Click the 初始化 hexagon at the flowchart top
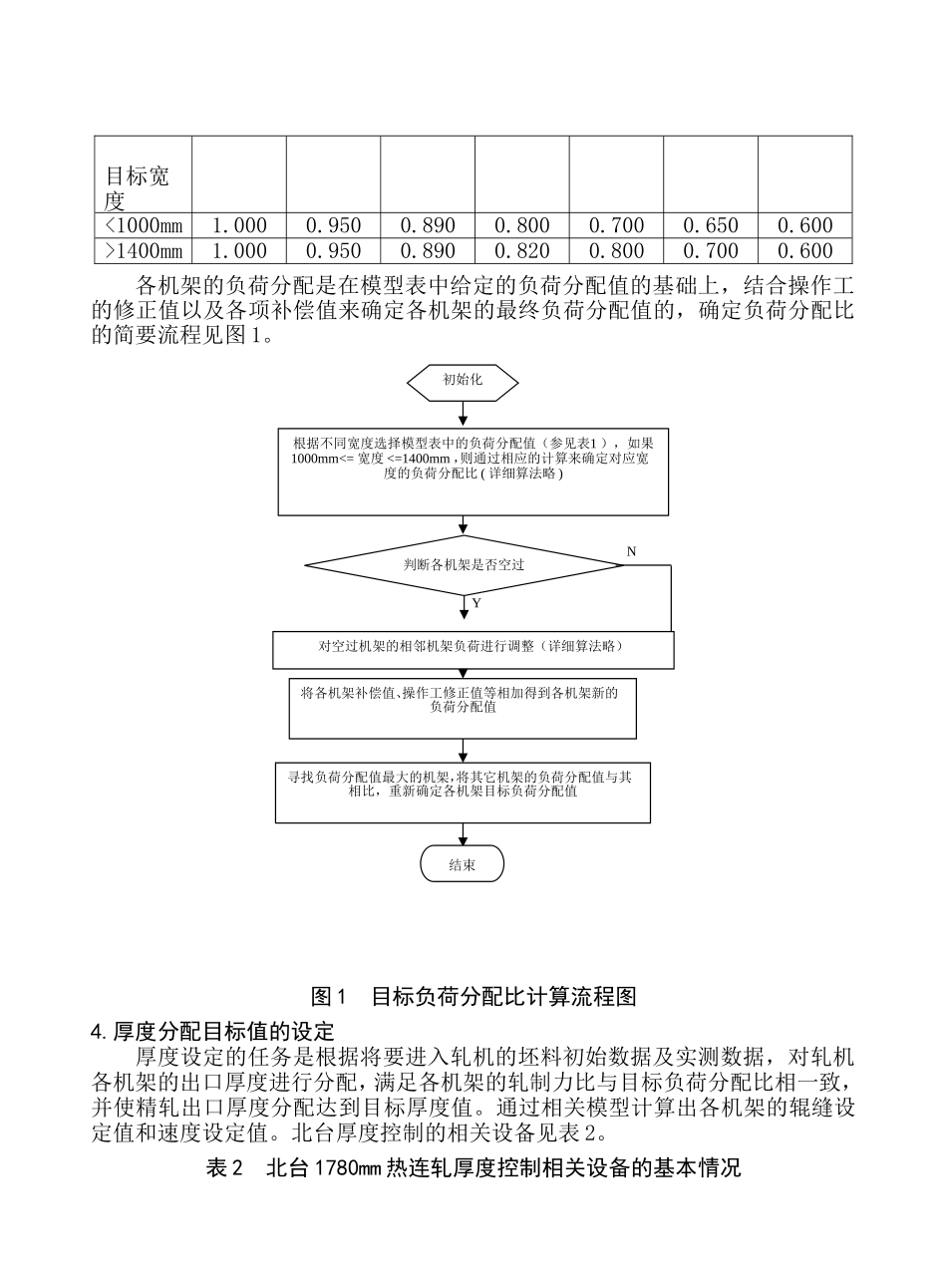pos(463,380)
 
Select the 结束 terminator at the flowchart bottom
pos(463,864)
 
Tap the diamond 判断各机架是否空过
pos(464,565)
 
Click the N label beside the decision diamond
pos(631,551)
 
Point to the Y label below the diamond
pos(476,604)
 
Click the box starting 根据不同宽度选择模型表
pos(473,472)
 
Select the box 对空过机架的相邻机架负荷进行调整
pos(473,648)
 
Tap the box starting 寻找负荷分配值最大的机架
pos(463,792)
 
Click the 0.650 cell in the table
pos(711,226)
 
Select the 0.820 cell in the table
pos(521,251)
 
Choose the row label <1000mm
pos(143,226)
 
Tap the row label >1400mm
pos(143,251)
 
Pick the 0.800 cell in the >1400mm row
pos(616,251)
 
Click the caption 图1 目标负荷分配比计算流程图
pos(473,995)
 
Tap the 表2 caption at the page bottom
pos(473,1168)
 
